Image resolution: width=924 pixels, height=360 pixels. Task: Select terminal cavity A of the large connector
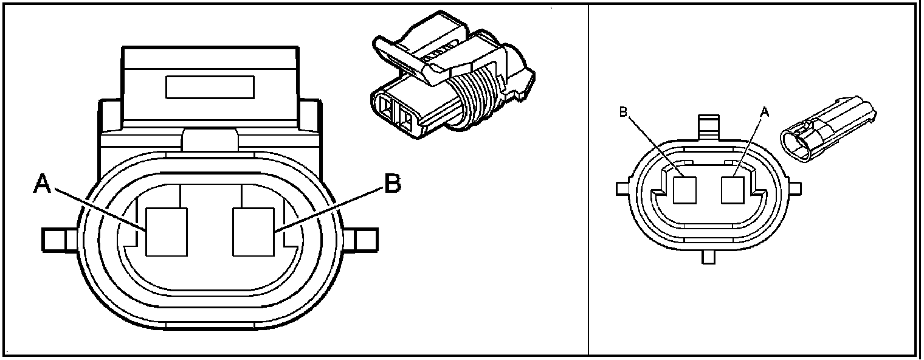(167, 231)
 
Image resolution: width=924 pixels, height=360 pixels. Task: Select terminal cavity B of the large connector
(255, 231)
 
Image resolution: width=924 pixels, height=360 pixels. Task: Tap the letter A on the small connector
(765, 112)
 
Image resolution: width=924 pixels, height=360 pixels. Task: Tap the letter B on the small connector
(622, 112)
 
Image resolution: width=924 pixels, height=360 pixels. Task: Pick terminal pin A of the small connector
(731, 190)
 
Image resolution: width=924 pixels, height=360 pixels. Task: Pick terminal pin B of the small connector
(685, 190)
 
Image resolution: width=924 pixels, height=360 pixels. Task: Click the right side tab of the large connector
(365, 239)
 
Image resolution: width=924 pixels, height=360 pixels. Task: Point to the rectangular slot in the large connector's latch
(210, 86)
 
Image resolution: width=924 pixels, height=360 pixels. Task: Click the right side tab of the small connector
(791, 188)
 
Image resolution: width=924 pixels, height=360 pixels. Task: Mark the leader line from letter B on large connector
(331, 210)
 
